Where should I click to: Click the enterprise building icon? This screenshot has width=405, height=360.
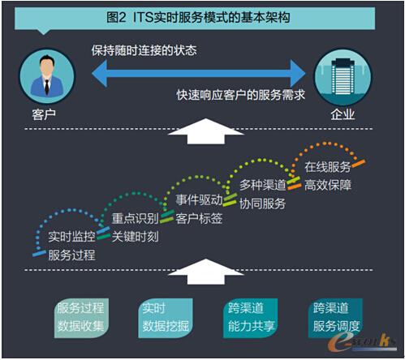pyautogui.click(x=343, y=74)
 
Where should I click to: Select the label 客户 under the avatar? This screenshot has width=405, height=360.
pyautogui.click(x=37, y=114)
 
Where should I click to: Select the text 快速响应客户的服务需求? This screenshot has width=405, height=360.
pyautogui.click(x=241, y=94)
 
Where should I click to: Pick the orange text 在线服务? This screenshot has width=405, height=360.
pyautogui.click(x=327, y=167)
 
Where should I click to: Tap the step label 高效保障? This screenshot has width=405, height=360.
pyautogui.click(x=327, y=186)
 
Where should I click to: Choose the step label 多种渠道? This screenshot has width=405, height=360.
pyautogui.click(x=262, y=186)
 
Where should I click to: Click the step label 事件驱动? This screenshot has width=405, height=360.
pyautogui.click(x=199, y=200)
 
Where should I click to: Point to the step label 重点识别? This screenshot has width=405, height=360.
pyautogui.click(x=135, y=220)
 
